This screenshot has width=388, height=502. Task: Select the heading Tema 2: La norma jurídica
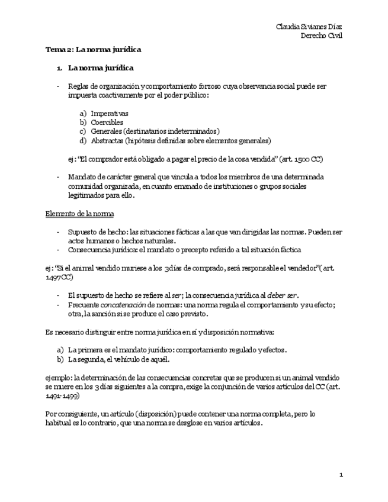pos(93,50)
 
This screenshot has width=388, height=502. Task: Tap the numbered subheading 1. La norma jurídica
pos(95,68)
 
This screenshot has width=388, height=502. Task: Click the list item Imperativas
pos(110,113)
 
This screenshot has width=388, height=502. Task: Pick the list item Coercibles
pos(107,122)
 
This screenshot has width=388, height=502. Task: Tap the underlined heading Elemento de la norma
pos(80,213)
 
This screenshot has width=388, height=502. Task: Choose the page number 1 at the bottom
pos(341,475)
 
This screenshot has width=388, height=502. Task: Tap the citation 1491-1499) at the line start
pos(62,397)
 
